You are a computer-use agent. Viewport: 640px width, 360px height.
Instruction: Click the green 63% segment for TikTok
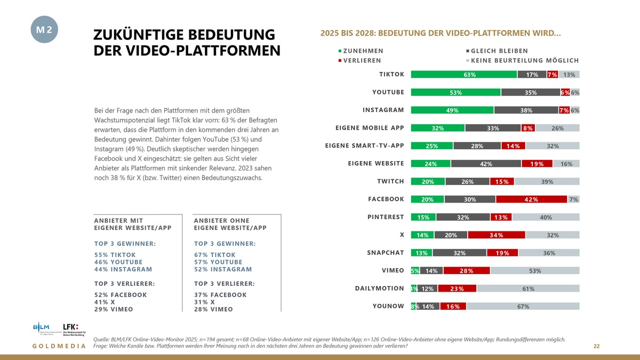click(x=463, y=75)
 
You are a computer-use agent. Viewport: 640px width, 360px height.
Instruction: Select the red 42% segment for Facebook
click(x=531, y=199)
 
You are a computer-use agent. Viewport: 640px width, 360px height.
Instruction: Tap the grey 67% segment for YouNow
click(x=523, y=307)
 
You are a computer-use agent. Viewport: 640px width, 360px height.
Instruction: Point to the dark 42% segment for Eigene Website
click(x=486, y=164)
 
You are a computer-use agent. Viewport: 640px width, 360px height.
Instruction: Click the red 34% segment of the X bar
click(x=496, y=235)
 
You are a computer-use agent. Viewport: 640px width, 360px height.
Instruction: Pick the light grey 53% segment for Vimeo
click(x=534, y=271)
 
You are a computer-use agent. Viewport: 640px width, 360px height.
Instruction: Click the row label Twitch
click(x=390, y=181)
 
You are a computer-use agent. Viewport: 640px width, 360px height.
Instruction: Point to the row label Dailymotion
click(x=379, y=289)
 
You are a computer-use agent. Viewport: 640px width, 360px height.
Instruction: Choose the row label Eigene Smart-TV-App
click(x=364, y=146)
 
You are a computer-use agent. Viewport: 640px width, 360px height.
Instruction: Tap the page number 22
click(x=597, y=347)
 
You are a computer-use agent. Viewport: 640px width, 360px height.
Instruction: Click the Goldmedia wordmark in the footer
click(x=59, y=347)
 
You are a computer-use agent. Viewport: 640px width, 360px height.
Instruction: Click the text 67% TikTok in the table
click(x=218, y=255)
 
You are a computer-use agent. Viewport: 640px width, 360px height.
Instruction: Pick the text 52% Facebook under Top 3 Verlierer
click(x=120, y=295)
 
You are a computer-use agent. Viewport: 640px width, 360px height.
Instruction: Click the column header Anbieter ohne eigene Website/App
click(x=230, y=224)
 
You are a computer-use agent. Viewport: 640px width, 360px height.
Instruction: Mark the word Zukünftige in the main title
click(x=141, y=35)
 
